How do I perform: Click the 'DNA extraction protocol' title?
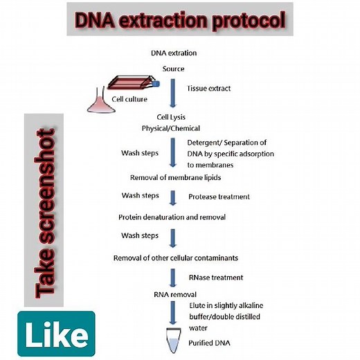[179, 21]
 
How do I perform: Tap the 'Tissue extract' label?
[209, 88]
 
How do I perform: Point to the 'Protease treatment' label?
[219, 197]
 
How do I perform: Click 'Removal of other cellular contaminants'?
[177, 258]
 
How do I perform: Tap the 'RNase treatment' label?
[215, 277]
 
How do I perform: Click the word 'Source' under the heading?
[173, 69]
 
